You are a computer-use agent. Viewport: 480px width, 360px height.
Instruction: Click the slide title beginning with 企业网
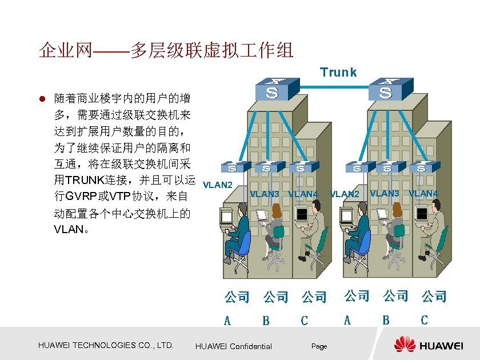pos(166,50)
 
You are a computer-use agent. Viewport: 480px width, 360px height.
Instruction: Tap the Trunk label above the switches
pos(338,73)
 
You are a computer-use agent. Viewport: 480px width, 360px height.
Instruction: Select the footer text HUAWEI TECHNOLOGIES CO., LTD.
pos(105,345)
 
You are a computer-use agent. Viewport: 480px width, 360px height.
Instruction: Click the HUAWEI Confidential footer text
pos(234,346)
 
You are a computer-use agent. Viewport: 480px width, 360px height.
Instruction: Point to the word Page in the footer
pos(319,346)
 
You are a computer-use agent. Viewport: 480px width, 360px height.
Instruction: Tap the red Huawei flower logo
pos(405,345)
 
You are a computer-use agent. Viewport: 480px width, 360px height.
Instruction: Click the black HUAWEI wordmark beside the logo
pos(442,346)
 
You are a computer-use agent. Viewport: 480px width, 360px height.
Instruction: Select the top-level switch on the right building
pos(387,89)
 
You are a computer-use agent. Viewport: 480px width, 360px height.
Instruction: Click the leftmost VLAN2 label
pos(218,185)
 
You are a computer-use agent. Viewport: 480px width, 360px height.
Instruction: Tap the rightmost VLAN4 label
pos(423,194)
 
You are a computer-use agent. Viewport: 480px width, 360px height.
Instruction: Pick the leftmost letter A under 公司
pos(227,321)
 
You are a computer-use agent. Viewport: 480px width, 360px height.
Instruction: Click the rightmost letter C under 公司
pos(424,320)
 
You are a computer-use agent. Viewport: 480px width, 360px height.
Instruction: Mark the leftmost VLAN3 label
pos(265,194)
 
